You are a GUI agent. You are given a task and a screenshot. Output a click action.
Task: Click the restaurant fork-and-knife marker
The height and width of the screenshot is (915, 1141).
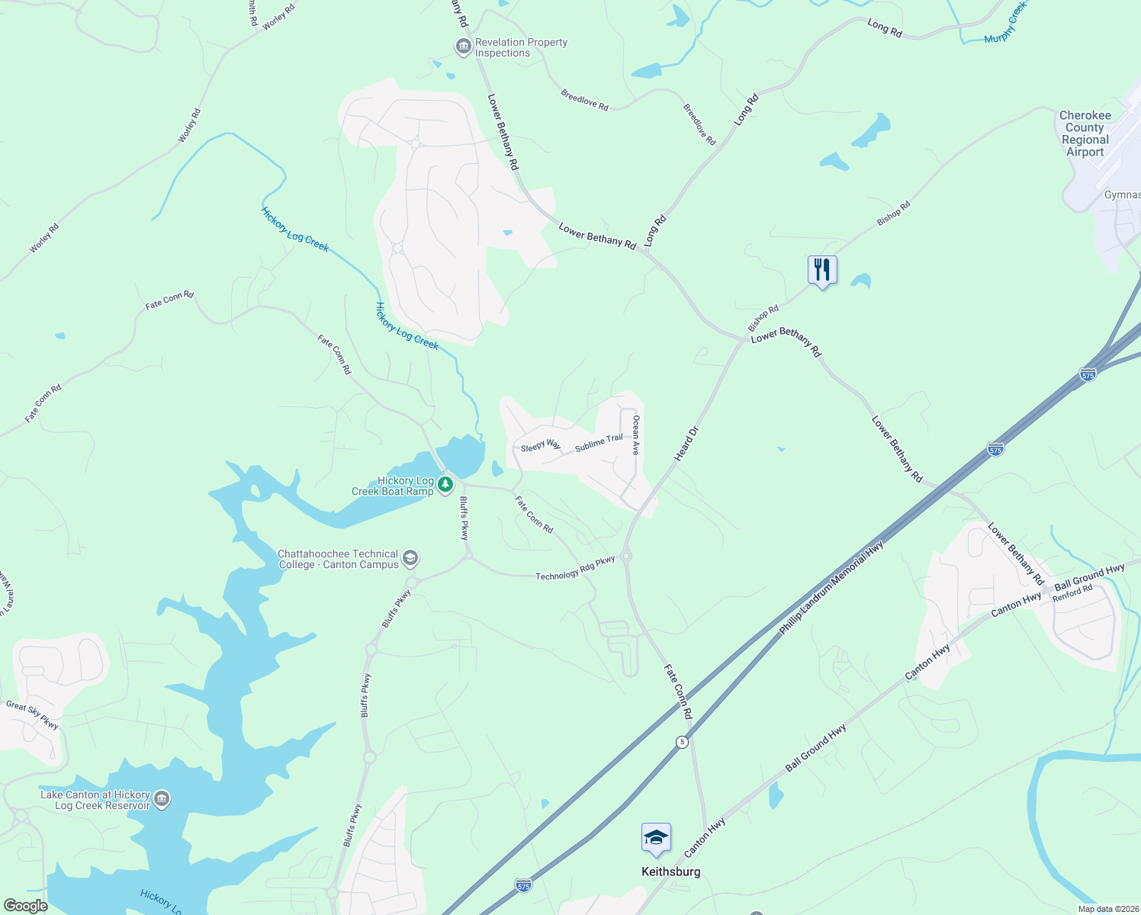click(822, 270)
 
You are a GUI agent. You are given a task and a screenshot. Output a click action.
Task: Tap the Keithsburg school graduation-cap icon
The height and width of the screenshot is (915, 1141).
click(656, 839)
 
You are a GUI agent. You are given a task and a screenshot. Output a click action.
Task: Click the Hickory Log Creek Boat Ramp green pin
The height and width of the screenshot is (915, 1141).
click(445, 485)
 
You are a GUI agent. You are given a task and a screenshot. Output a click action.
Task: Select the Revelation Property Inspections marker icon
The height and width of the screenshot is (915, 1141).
click(463, 47)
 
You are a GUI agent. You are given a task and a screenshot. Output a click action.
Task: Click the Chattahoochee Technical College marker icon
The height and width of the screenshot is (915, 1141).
click(410, 559)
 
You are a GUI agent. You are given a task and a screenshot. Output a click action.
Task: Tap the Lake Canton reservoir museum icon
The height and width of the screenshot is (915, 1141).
click(162, 799)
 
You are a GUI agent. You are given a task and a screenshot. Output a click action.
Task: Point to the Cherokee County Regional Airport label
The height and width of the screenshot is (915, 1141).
click(1085, 133)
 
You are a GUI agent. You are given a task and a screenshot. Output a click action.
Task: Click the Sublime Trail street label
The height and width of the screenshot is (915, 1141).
click(599, 443)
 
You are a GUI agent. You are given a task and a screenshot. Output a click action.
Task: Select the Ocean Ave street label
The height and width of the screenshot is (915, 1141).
click(635, 435)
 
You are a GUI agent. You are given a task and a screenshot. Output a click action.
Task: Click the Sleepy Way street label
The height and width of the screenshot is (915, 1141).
click(540, 446)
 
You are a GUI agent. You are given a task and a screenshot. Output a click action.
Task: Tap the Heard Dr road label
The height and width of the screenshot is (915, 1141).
click(686, 444)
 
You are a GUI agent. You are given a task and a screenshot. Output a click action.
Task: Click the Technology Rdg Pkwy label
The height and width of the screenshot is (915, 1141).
click(575, 569)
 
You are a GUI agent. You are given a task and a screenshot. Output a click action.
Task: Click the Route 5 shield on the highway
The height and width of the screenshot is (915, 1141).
click(682, 742)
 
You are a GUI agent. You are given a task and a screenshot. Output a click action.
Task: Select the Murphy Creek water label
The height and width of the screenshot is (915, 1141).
click(1005, 23)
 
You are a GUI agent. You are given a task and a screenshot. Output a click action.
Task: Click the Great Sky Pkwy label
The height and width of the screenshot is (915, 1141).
click(32, 714)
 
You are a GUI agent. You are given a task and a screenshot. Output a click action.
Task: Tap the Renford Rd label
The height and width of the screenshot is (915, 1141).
click(1072, 592)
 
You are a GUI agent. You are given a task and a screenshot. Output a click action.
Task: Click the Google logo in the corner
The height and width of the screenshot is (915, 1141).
click(25, 906)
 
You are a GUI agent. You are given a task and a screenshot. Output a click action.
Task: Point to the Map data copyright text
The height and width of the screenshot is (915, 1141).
click(1107, 909)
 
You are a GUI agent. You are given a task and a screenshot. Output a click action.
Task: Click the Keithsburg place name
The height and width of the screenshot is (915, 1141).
click(670, 872)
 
